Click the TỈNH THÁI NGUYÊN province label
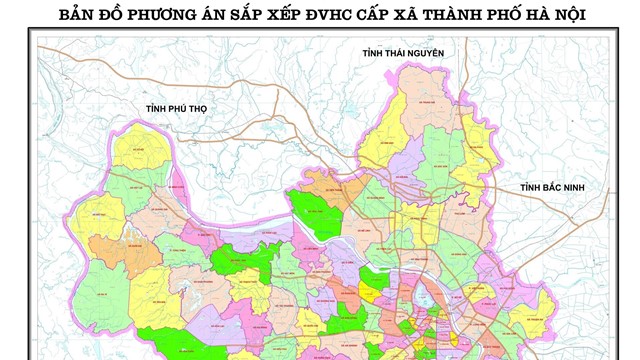(404, 53)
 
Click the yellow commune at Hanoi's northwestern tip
(140, 155)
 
